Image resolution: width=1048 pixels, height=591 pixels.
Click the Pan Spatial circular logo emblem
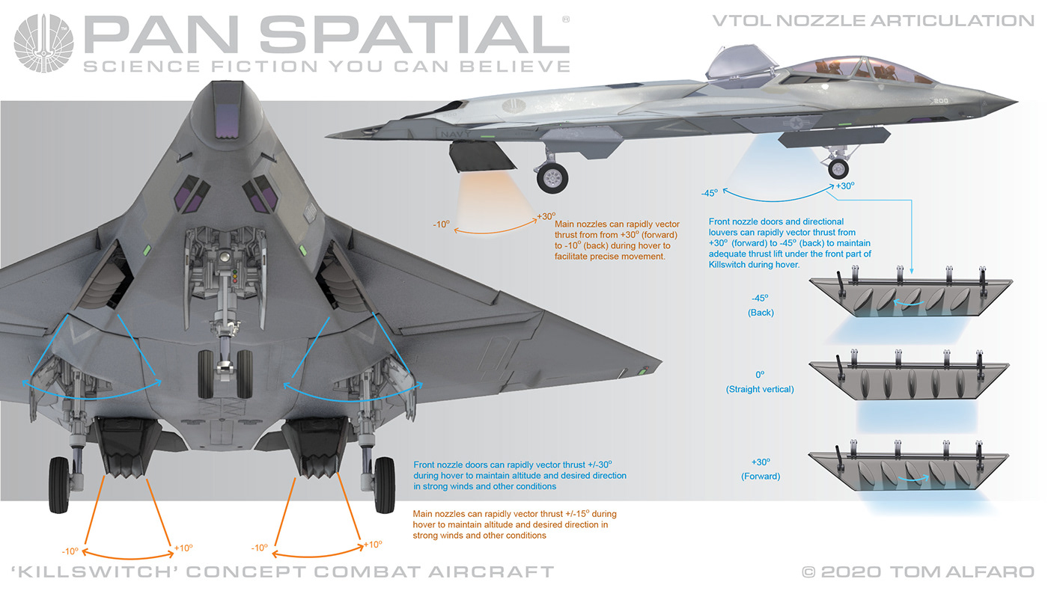tap(43, 43)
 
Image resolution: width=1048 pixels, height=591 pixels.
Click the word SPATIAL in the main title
tap(415, 34)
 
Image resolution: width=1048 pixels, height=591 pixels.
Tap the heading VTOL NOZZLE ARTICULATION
tap(873, 21)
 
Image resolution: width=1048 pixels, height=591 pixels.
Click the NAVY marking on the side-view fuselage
tap(456, 134)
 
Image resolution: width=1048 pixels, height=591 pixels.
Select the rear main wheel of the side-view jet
tap(552, 178)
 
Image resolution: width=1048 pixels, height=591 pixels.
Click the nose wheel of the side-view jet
tap(838, 169)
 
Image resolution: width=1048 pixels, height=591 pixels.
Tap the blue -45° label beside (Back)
tap(761, 298)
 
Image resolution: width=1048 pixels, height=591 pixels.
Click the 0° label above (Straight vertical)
tap(761, 375)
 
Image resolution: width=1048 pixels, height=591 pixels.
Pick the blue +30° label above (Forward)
tap(761, 462)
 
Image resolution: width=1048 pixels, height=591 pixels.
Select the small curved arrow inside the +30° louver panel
tap(914, 478)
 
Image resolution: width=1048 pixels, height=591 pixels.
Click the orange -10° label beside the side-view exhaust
tap(441, 224)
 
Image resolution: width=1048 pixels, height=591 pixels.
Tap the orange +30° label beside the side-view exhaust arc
tap(546, 216)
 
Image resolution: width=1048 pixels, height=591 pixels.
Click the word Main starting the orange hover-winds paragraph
tap(423, 514)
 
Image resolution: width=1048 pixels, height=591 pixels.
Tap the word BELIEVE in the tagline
tap(515, 67)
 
